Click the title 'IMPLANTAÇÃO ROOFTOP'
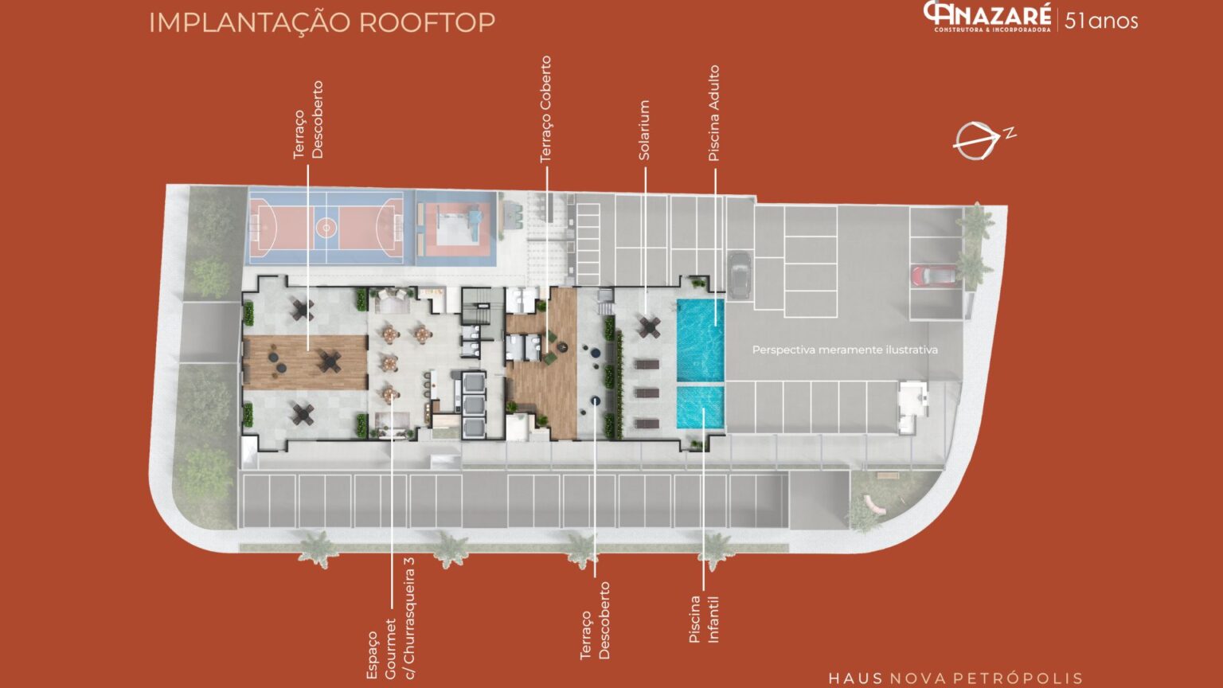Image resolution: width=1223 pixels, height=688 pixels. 322,23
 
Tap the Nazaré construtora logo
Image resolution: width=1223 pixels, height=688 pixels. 987,17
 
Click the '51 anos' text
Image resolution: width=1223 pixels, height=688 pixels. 1101,21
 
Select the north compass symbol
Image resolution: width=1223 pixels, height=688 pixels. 983,141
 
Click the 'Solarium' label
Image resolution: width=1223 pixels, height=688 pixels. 644,130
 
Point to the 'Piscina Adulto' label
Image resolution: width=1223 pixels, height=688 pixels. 713,113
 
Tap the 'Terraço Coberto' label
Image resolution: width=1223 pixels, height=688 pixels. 545,109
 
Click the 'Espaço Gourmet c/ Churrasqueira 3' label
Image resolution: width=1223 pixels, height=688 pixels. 391,618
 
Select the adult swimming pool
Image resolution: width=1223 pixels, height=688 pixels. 701,340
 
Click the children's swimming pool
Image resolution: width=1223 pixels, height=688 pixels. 701,408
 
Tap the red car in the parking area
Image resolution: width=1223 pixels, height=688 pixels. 934,276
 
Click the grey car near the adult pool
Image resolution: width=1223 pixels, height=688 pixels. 739,275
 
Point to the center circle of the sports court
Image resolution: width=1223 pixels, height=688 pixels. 326,227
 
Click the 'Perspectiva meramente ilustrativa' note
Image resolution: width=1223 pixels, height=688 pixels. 845,350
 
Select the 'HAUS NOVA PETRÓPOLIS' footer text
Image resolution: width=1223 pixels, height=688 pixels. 955,678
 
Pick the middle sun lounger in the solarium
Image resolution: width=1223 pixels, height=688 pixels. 647,393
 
